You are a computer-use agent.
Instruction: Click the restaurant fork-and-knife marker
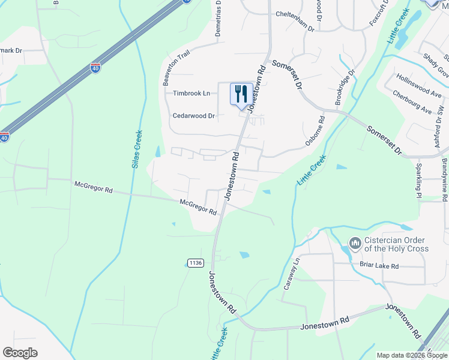coord(241,94)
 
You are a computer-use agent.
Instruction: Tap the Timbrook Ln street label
coord(191,93)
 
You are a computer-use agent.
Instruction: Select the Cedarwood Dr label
coord(193,116)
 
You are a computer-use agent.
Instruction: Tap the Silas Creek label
coord(137,149)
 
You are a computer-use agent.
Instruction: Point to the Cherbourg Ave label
coord(412,102)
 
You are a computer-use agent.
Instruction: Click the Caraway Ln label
coord(291,272)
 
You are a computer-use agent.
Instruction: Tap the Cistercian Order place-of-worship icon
coord(354,244)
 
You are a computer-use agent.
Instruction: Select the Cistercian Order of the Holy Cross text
coord(397,244)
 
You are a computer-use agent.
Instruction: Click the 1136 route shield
coord(196,263)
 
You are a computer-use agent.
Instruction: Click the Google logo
coord(20,352)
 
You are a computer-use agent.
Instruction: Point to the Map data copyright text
coord(412,355)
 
